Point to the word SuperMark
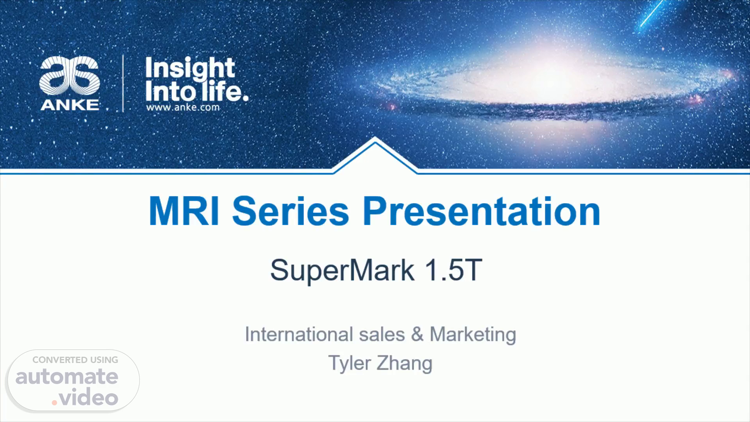pos(342,270)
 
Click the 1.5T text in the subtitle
pos(453,270)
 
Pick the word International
pos(299,334)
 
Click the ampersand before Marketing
pos(417,335)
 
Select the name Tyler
pos(349,363)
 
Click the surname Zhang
pos(404,363)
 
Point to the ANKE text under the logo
pos(70,104)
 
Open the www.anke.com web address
pos(183,107)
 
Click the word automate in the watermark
pos(67,377)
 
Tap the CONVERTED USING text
pos(75,360)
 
